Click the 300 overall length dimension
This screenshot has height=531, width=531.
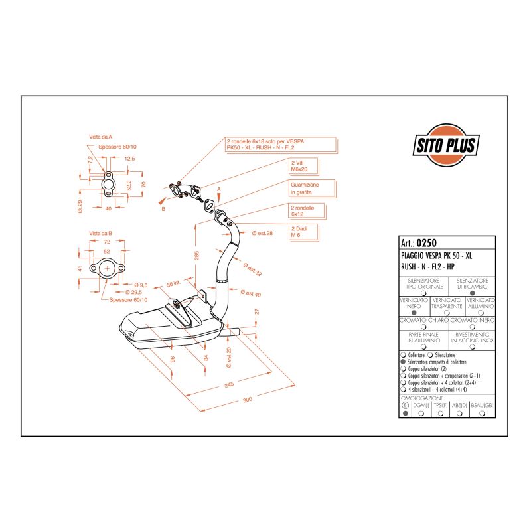(247, 400)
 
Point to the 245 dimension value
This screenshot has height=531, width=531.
(229, 384)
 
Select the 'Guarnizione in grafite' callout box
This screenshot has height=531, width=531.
(305, 189)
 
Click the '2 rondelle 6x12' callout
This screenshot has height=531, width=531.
(302, 211)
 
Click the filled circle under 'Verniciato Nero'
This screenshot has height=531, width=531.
(415, 312)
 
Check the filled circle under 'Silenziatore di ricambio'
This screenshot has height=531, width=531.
(472, 292)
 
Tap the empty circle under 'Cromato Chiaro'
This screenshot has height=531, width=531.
(424, 327)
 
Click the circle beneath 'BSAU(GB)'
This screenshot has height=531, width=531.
(482, 413)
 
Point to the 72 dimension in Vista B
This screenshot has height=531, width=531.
(107, 243)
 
